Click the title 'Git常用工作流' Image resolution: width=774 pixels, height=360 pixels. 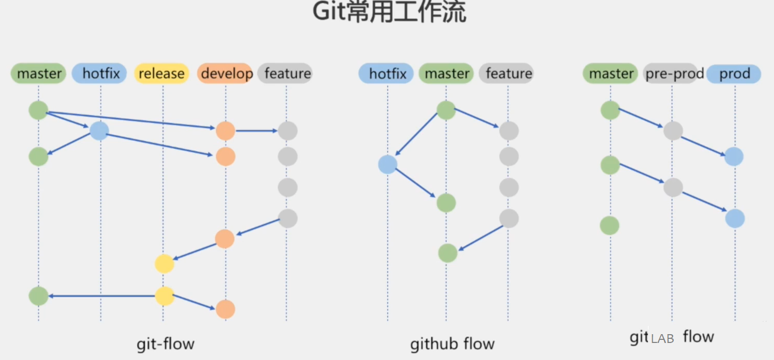pyautogui.click(x=389, y=12)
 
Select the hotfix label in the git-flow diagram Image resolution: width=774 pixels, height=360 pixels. pyautogui.click(x=101, y=74)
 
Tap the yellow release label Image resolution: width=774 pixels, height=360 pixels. pyautogui.click(x=162, y=74)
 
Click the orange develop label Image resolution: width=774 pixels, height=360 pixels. pyautogui.click(x=225, y=74)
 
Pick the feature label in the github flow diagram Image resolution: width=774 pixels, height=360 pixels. pyautogui.click(x=508, y=74)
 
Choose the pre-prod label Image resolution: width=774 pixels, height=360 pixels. pyautogui.click(x=674, y=74)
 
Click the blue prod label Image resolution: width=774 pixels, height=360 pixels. pyautogui.click(x=734, y=74)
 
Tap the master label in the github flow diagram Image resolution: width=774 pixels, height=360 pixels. pyautogui.click(x=447, y=74)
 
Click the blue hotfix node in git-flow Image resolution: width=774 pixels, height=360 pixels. pyautogui.click(x=99, y=131)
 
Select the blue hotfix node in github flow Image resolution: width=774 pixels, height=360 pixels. pyautogui.click(x=388, y=164)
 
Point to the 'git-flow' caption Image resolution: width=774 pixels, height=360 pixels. pyautogui.click(x=165, y=344)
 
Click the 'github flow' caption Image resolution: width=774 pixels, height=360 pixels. pyautogui.click(x=452, y=344)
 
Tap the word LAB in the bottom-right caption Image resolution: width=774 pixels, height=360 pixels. pyautogui.click(x=662, y=339)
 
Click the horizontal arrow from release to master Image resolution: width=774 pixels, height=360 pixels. pyautogui.click(x=103, y=296)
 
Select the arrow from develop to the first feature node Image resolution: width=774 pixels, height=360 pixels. pyautogui.click(x=257, y=131)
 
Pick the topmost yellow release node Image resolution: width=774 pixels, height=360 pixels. pyautogui.click(x=164, y=264)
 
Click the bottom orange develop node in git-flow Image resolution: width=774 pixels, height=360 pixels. pyautogui.click(x=225, y=309)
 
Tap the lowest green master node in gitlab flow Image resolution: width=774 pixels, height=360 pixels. pyautogui.click(x=609, y=226)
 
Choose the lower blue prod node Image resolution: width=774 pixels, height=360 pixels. pyautogui.click(x=735, y=218)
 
